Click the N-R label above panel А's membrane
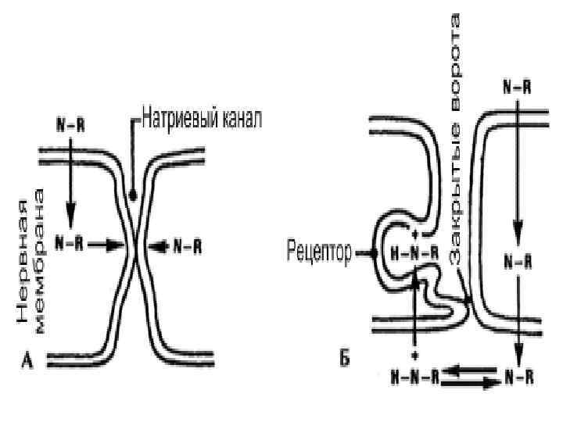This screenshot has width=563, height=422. click(x=71, y=124)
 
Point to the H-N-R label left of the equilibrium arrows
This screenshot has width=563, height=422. click(x=413, y=378)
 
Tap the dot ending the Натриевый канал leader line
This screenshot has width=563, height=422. click(x=135, y=194)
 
